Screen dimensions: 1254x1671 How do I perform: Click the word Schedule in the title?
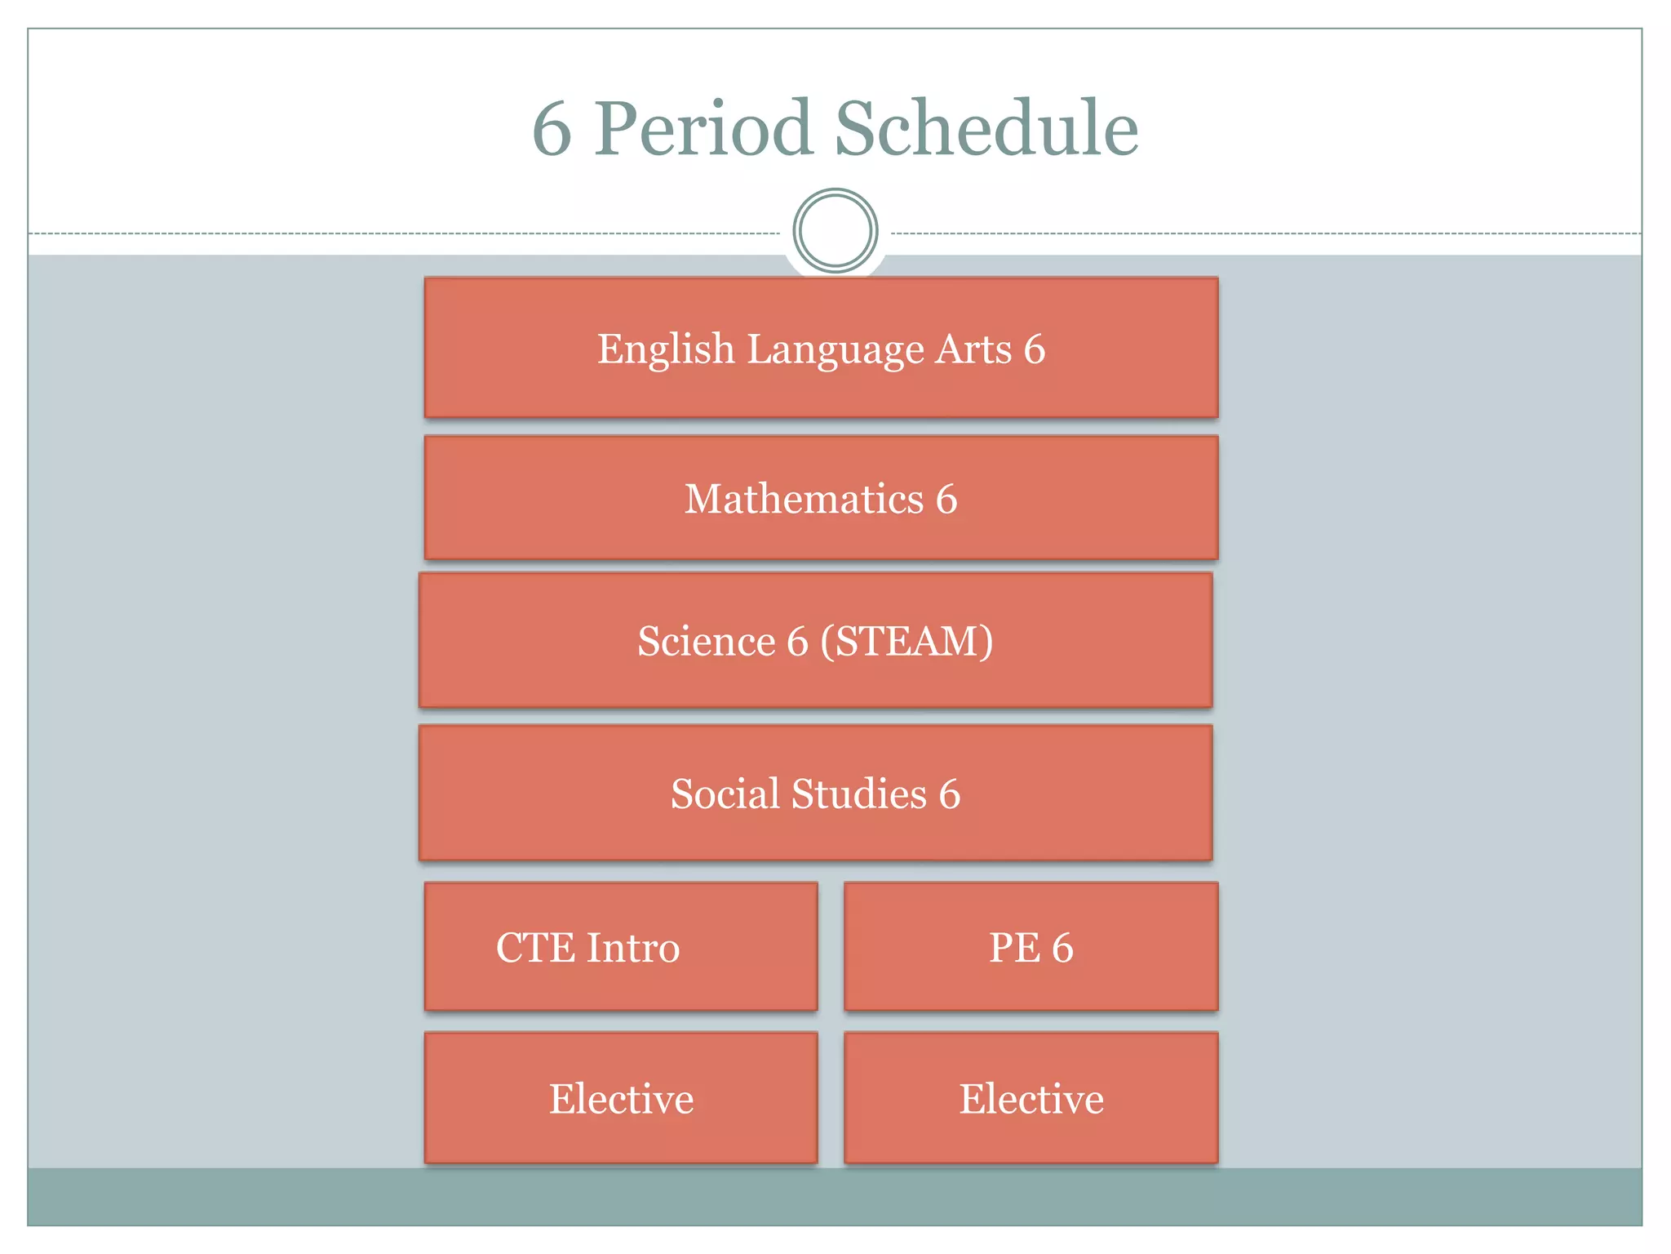click(986, 129)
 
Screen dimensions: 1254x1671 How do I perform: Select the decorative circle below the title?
click(835, 231)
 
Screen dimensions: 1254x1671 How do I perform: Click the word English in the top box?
click(666, 349)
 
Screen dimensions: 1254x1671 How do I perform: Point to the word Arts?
click(973, 349)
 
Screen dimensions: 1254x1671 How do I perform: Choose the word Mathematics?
click(804, 499)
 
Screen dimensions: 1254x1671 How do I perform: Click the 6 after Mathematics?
click(946, 499)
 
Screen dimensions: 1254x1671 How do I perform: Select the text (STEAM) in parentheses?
click(906, 641)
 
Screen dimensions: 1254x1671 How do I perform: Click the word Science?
click(706, 641)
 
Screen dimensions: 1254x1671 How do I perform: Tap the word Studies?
click(859, 794)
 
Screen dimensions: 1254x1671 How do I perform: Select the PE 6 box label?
click(1031, 948)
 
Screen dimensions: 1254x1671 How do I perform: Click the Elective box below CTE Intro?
click(621, 1099)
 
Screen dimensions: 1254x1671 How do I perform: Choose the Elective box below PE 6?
click(1031, 1099)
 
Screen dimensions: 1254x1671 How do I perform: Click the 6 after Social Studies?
click(950, 794)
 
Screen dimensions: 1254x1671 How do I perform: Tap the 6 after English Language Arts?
click(1035, 349)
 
